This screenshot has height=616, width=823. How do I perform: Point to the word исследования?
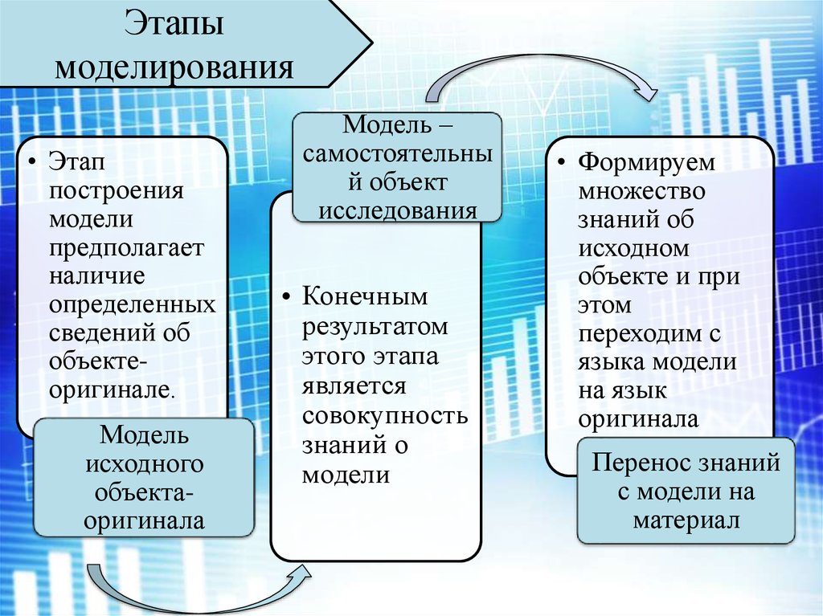click(397, 210)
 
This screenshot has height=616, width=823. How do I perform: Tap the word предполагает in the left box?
click(126, 247)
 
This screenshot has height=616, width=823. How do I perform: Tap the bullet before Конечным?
click(285, 299)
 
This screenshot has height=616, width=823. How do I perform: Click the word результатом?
click(375, 328)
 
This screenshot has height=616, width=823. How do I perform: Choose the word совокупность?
click(385, 415)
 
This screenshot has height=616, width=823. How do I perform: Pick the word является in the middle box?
click(352, 386)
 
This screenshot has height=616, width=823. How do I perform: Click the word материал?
click(686, 520)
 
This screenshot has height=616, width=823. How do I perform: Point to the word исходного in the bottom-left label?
click(144, 464)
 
